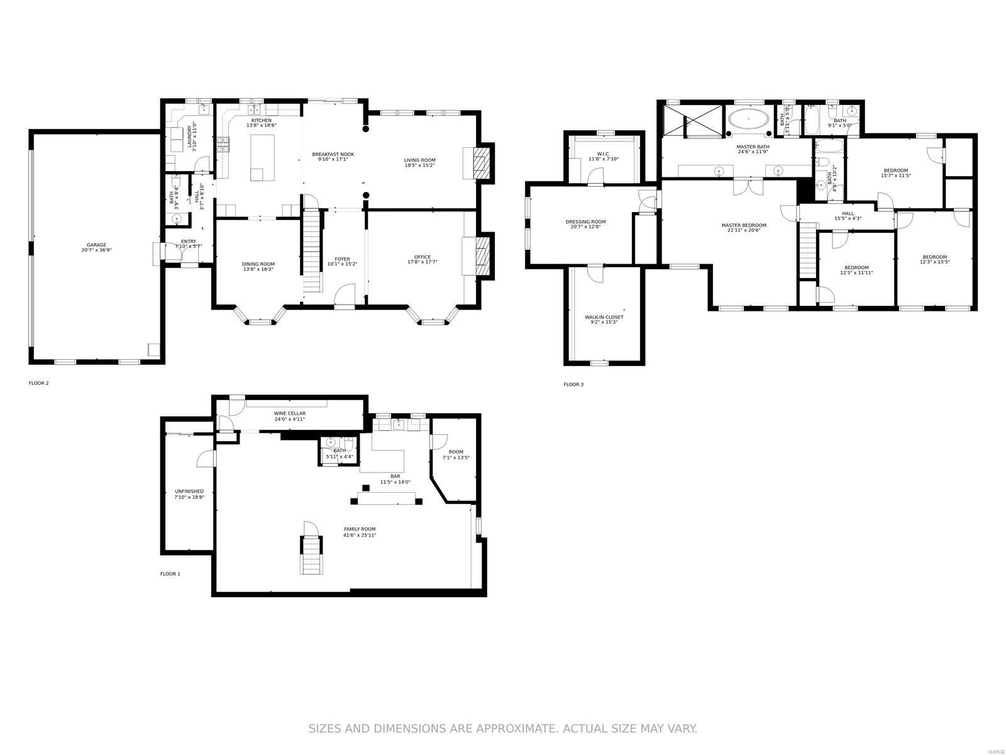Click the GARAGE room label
pos(96,245)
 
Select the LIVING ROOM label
pos(419,160)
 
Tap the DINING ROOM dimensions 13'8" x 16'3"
pos(258,269)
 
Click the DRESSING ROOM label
pos(585,221)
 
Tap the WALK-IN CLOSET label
pos(604,317)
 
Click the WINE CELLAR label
pos(289,413)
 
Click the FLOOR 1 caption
pos(170,574)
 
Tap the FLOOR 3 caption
pos(573,384)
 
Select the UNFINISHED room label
pos(189,491)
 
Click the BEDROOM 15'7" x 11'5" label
pos(895,171)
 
